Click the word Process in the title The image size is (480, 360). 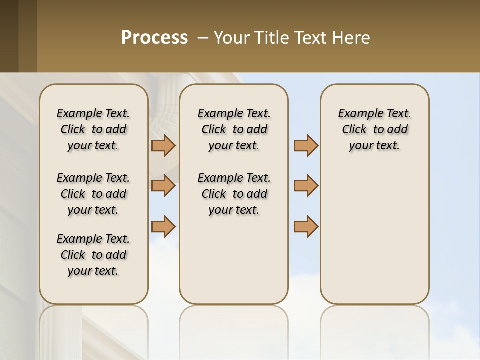pyautogui.click(x=154, y=37)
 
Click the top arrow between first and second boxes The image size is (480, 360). pyautogui.click(x=163, y=145)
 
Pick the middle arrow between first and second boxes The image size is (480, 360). pyautogui.click(x=163, y=186)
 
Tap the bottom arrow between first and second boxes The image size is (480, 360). pyautogui.click(x=163, y=226)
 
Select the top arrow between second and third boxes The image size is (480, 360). pyautogui.click(x=306, y=145)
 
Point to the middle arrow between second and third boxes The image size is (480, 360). pyautogui.click(x=306, y=186)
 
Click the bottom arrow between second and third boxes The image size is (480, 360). pyautogui.click(x=306, y=226)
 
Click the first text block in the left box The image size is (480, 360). pyautogui.click(x=93, y=129)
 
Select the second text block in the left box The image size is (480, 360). pyautogui.click(x=93, y=194)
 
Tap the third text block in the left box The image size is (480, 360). pyautogui.click(x=93, y=255)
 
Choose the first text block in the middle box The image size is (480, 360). pyautogui.click(x=234, y=129)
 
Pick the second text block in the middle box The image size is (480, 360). pyautogui.click(x=234, y=194)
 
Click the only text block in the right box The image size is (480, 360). pyautogui.click(x=374, y=129)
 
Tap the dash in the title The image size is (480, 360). pyautogui.click(x=203, y=37)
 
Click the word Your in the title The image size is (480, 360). pyautogui.click(x=229, y=37)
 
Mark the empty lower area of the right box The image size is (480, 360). pyautogui.click(x=374, y=235)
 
